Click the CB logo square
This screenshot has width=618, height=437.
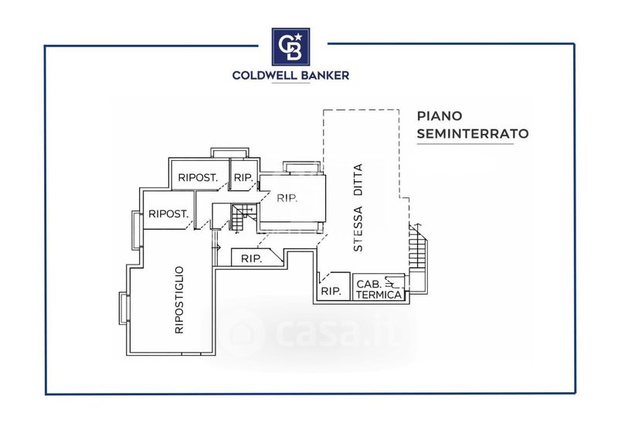[291, 46]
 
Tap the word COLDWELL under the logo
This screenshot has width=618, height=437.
[262, 75]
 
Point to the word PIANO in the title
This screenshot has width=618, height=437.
[440, 116]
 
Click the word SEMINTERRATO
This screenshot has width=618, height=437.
[473, 134]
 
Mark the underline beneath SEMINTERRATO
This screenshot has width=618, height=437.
[465, 144]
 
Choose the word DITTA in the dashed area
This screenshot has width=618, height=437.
[358, 180]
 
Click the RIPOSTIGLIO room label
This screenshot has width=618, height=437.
[179, 299]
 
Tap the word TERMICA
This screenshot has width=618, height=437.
[379, 295]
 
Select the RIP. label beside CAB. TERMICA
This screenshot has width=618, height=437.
[331, 292]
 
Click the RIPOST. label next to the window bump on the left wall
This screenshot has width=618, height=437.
[168, 214]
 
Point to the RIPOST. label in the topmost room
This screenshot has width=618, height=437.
[198, 178]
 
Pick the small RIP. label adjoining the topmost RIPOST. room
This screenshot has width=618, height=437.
[243, 178]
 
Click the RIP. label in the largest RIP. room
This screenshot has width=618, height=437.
[287, 198]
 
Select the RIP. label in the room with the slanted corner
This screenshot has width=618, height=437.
[252, 259]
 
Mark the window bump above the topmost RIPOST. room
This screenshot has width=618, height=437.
[229, 153]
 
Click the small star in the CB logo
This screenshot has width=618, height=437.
[298, 36]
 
